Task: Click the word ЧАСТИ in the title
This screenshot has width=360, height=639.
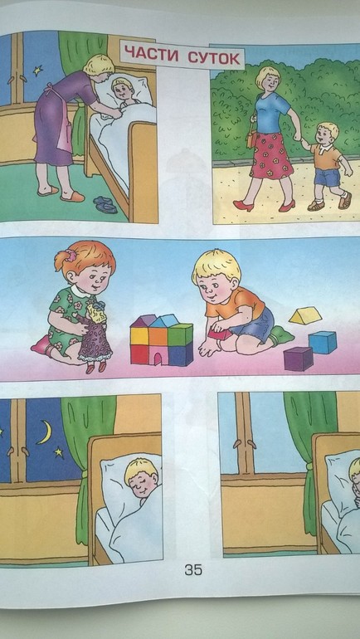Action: point(151,54)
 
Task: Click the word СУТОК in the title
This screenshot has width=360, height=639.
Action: point(214,57)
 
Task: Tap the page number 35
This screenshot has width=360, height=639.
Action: point(193,570)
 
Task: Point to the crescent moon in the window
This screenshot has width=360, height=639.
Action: point(45,432)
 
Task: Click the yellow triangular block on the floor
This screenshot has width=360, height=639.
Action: point(305,315)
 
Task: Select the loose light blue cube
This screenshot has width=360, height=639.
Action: point(323,342)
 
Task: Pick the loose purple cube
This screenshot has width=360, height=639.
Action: point(299,359)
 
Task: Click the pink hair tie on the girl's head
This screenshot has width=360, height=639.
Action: point(72,256)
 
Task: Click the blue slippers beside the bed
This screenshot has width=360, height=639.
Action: point(105,204)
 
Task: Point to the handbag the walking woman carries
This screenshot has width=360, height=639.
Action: point(251,139)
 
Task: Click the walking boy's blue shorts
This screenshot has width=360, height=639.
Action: point(328,177)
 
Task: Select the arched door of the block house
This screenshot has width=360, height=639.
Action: point(160,359)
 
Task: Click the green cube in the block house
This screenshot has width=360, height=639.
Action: point(180,335)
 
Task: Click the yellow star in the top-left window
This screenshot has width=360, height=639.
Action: point(38,71)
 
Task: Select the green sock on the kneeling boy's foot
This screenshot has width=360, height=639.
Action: point(281,335)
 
